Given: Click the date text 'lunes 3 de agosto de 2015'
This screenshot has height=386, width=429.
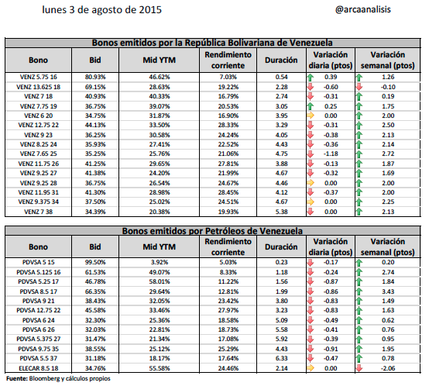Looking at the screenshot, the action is pos(101,10).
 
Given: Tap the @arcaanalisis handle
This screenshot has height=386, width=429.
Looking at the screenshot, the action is pos(362,9).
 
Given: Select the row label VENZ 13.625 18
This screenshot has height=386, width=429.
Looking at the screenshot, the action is pos(38,87).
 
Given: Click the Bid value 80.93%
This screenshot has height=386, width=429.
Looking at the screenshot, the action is pos(95,78).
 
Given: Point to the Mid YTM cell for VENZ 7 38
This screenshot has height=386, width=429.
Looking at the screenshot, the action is pos(160,212).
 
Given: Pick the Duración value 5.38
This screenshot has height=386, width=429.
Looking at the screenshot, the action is pos(281,212).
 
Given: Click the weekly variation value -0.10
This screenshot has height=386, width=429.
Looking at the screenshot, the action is pos(388,87).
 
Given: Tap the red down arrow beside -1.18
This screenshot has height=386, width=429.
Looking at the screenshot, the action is pos(311,153).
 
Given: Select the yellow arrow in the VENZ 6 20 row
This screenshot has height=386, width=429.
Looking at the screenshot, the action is pos(311,115).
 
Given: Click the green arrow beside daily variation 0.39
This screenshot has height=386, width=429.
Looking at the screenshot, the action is pos(311,78).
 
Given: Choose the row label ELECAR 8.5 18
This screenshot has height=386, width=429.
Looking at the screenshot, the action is pos(38,368).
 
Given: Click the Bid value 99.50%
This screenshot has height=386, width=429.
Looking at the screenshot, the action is pos(95,262).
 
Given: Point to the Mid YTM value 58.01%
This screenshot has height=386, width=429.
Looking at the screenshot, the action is pos(160,281).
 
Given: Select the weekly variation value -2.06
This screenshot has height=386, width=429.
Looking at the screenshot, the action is pos(388,368).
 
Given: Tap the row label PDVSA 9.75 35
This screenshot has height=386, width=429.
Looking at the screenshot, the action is pos(38,349).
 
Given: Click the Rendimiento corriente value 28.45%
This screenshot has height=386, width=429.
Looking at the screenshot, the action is pos(228,192).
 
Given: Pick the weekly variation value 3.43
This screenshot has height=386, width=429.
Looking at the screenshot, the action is pos(388,291).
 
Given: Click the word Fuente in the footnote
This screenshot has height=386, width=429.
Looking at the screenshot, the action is pos(17,378).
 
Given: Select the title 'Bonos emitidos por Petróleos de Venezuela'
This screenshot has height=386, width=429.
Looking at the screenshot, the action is pos(212,231).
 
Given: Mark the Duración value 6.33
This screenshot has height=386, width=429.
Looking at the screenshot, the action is pos(281,358).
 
